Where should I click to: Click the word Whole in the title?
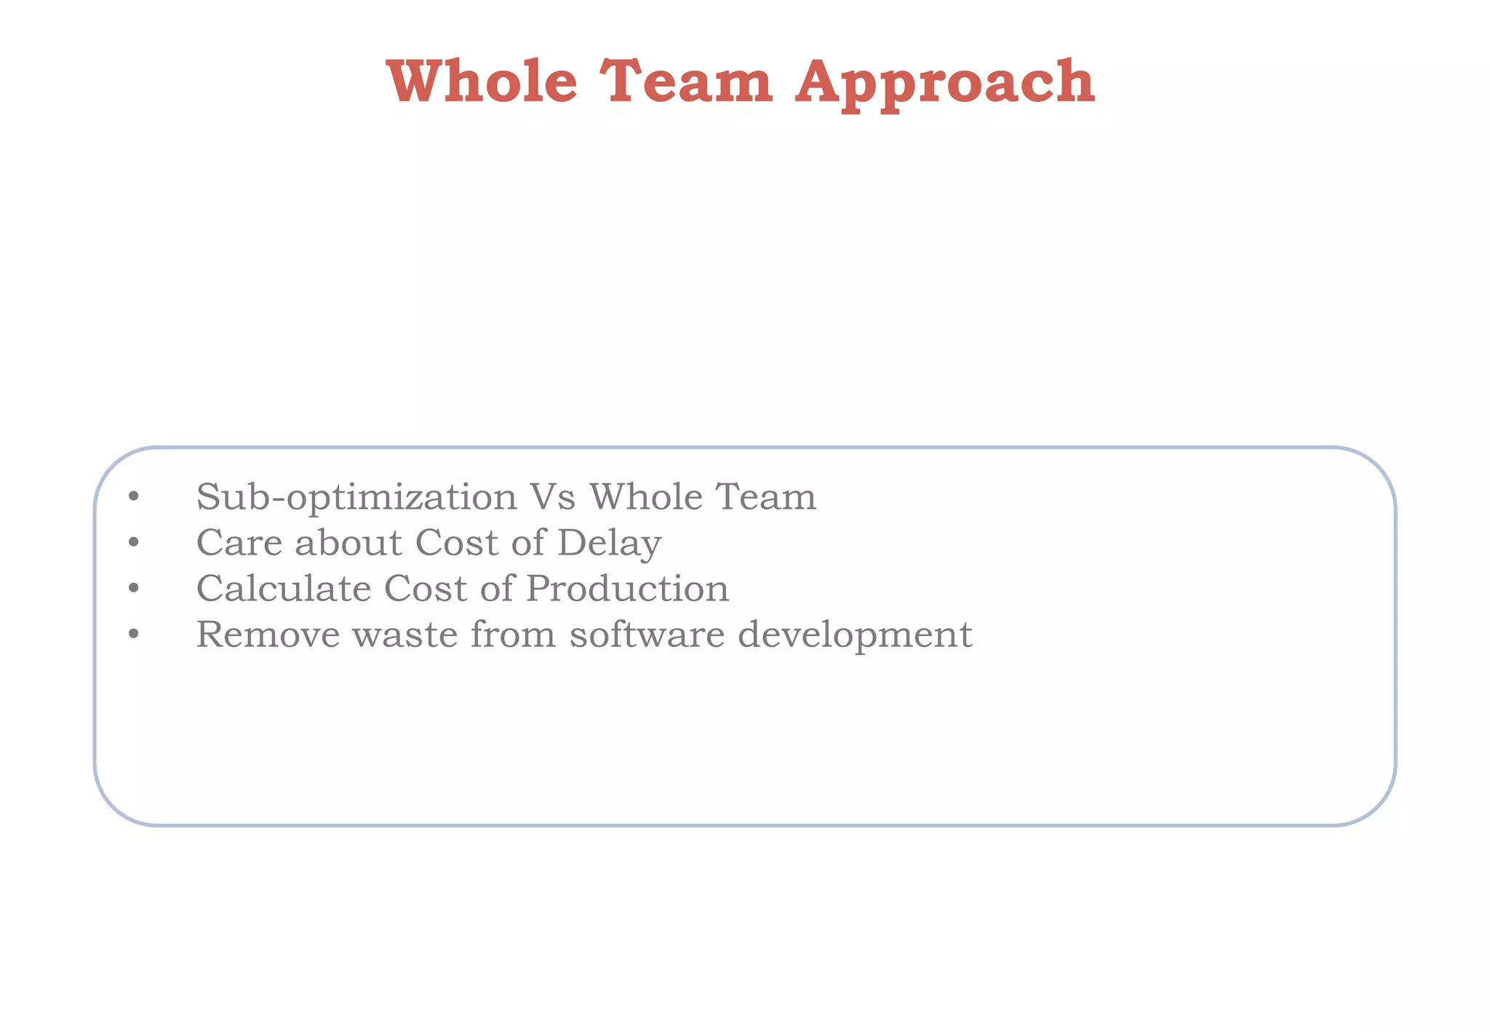pyautogui.click(x=482, y=82)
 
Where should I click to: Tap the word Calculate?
pyautogui.click(x=284, y=589)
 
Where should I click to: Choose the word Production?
pyautogui.click(x=627, y=589)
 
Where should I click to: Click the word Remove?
pyautogui.click(x=268, y=635)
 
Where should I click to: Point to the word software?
pyautogui.click(x=647, y=635)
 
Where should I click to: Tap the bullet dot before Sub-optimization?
pyautogui.click(x=132, y=498)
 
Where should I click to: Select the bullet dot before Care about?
pyautogui.click(x=132, y=544)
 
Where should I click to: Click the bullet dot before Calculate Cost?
pyautogui.click(x=132, y=590)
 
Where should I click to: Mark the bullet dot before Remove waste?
pyautogui.click(x=132, y=635)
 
